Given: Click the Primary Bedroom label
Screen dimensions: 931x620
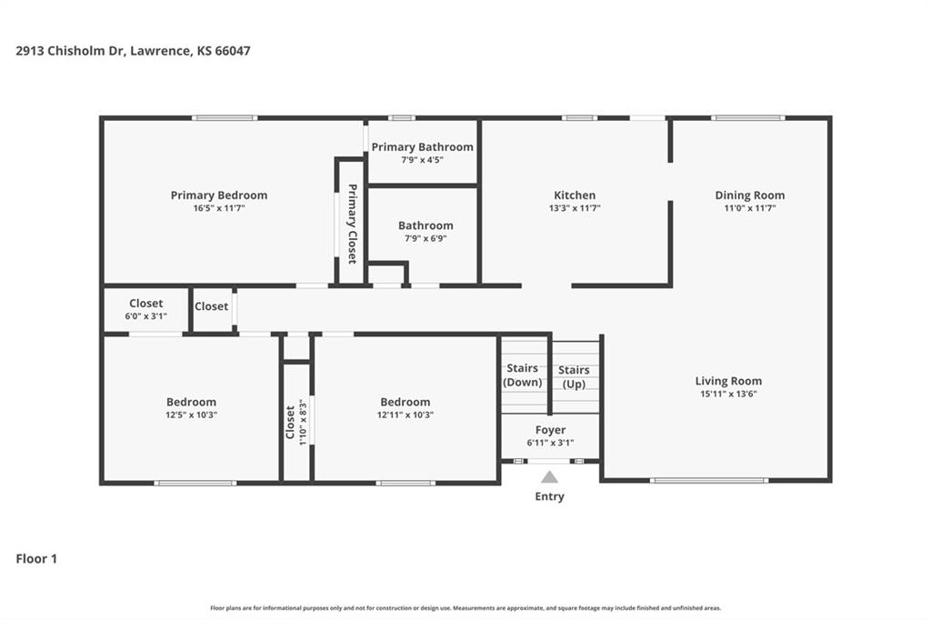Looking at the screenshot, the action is coord(218,195).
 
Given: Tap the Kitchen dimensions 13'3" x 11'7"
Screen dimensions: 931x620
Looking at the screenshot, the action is coord(575,208).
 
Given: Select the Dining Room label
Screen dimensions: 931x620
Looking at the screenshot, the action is coord(749,195).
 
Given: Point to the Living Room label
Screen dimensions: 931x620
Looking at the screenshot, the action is coord(728,381).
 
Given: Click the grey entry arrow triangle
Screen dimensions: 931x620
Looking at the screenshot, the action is coord(549,476).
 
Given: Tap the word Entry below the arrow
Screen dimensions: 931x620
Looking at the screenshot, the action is coord(549,496).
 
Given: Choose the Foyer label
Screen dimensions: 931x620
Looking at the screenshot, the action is coord(550,429).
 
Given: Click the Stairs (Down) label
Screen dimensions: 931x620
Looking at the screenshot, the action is coord(522,375).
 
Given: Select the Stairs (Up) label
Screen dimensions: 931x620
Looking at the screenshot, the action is coord(574,376).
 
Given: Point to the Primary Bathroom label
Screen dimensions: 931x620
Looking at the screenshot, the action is coord(422,146).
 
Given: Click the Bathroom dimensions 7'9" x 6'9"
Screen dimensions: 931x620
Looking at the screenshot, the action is coord(425,238).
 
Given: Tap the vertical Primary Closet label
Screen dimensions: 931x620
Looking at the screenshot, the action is coord(352,224).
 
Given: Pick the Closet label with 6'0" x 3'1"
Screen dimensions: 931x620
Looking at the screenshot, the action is coord(145,303).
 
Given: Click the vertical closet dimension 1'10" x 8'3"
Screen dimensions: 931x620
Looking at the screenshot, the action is coord(302,422).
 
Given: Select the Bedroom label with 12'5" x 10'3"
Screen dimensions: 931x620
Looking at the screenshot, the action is coord(191,402).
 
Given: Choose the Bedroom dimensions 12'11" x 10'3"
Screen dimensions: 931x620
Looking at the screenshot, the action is coord(405,415).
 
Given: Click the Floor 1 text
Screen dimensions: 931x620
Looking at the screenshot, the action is coord(36,558).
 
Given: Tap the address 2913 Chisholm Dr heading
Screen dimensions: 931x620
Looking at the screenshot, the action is coord(69,51).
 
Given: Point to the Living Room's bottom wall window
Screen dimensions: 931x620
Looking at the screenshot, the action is coord(709,480).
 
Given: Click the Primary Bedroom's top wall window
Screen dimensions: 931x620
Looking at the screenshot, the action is coord(225,117).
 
